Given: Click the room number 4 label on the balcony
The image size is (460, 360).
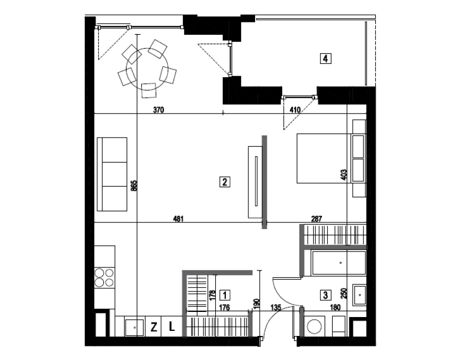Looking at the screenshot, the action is click(326, 58).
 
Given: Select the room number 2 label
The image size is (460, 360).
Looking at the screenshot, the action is click(225, 182).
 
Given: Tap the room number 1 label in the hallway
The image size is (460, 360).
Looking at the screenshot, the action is click(225, 295).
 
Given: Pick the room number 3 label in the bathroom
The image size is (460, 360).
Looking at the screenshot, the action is click(325, 295).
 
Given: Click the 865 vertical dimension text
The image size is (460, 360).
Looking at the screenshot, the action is click(133, 186).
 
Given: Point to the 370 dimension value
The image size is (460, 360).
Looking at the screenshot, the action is click(158, 110).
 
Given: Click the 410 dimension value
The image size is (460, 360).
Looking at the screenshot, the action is click(295, 110).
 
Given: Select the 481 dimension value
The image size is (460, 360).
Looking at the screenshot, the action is click(178, 218).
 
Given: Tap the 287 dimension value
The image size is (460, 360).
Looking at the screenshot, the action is click(316, 218).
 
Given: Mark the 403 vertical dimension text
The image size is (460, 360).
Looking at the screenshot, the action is click(344, 174).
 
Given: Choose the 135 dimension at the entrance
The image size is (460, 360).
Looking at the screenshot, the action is click(276, 307).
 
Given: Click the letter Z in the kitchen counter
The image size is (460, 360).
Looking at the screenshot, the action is click(154, 327).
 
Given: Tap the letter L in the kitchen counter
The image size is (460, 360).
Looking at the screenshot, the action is click(172, 326).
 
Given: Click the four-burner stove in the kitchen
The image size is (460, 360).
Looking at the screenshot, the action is click(104, 278).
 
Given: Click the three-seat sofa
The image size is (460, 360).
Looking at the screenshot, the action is click(112, 174).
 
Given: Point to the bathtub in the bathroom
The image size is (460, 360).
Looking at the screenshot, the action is click(339, 263).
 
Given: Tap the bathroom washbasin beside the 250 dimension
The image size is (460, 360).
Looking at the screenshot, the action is click(359, 295).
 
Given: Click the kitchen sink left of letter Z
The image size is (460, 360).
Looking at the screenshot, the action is click(134, 327).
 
